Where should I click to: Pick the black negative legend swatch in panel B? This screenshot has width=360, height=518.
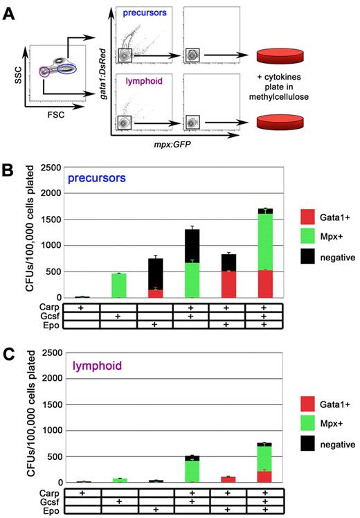click(307, 258)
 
